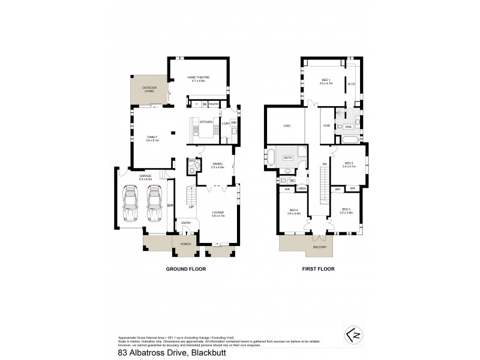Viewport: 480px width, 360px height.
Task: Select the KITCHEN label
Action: (x=206, y=122)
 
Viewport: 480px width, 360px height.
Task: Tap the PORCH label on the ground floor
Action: (x=185, y=244)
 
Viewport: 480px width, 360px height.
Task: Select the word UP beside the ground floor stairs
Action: (x=192, y=214)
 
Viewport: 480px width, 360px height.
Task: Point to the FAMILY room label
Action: (x=152, y=138)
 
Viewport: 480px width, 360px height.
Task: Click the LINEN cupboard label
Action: (x=301, y=188)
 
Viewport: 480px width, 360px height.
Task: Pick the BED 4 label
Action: (x=292, y=210)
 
